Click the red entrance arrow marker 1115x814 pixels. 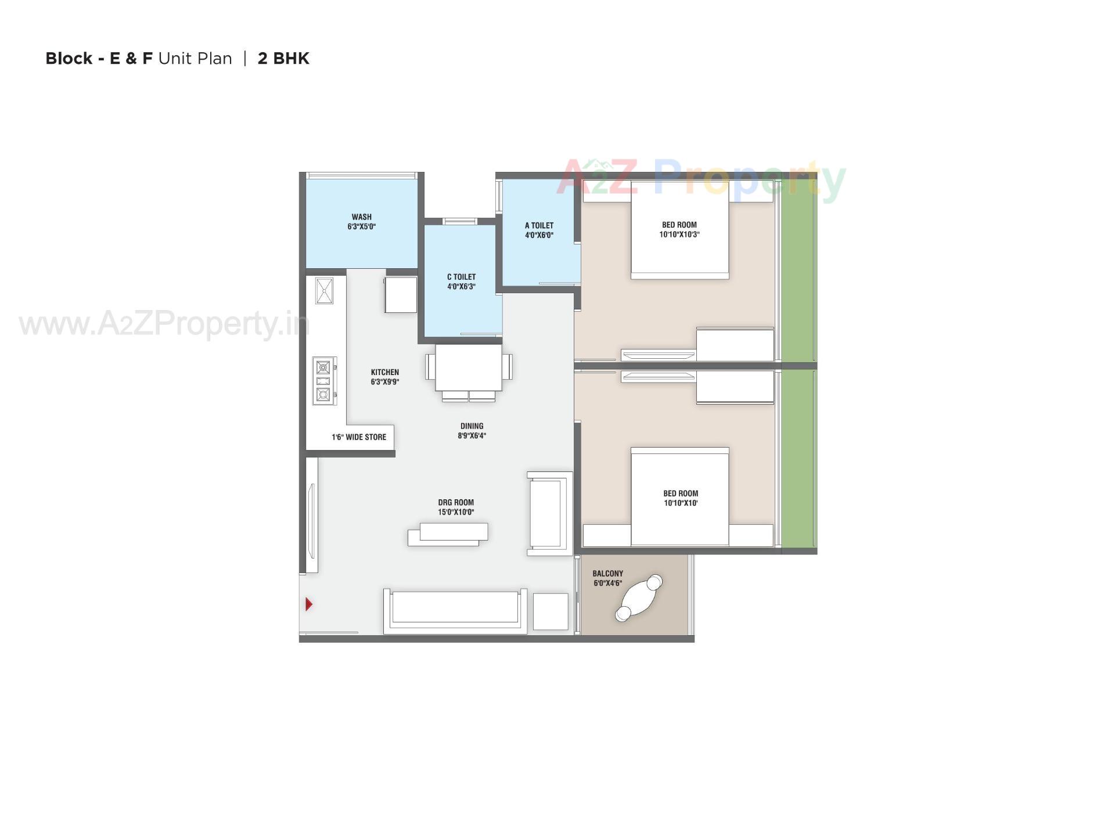(308, 604)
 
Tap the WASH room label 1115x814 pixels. (361, 217)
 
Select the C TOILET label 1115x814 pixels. (461, 277)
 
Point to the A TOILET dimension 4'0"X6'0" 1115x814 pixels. (539, 235)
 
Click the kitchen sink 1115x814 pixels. (324, 291)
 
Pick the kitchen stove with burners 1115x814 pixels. (324, 381)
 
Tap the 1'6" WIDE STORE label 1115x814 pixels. (359, 437)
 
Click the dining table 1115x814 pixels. (469, 368)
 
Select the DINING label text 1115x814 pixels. (472, 426)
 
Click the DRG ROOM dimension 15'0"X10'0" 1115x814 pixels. (456, 512)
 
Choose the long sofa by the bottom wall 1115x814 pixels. (455, 611)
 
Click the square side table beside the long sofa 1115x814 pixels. (551, 611)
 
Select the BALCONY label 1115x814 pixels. (607, 574)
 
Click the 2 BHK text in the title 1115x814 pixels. (283, 59)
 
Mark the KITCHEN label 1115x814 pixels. (385, 372)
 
